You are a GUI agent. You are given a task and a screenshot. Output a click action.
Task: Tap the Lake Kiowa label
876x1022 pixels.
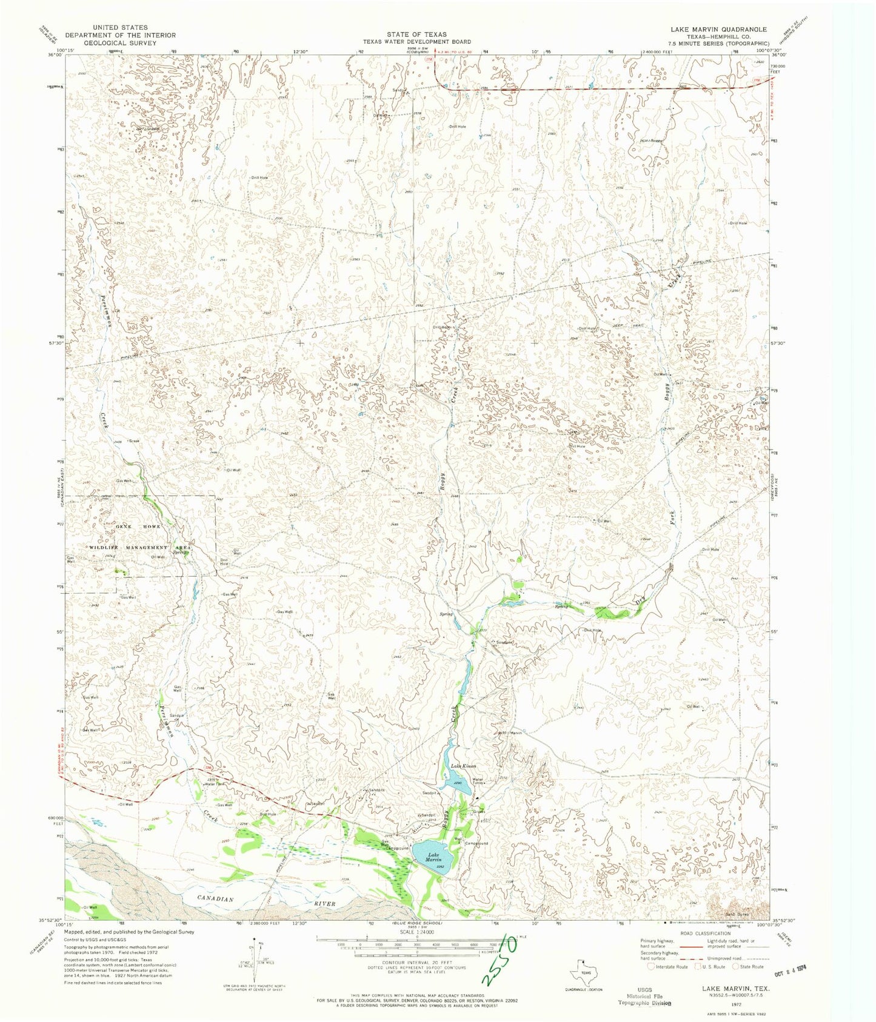463,766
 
